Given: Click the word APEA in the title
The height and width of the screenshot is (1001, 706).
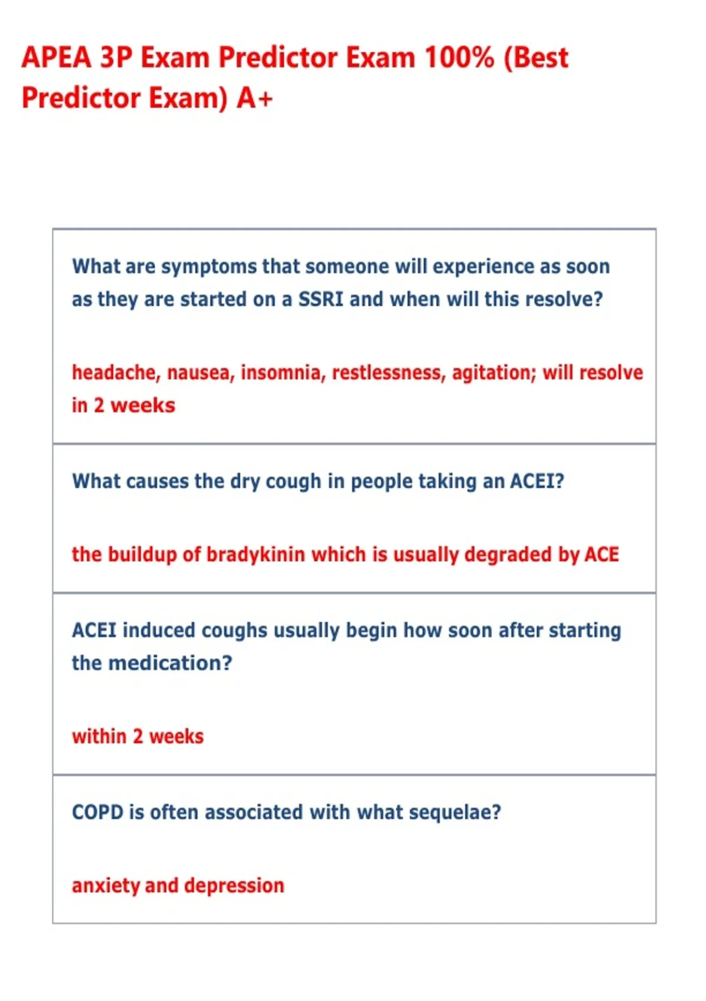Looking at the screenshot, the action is [56, 58].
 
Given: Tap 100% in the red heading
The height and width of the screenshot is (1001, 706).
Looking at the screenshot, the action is [459, 58].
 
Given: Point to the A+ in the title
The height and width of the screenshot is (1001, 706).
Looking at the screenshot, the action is [255, 98].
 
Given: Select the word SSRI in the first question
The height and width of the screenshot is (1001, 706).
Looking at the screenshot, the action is [321, 299].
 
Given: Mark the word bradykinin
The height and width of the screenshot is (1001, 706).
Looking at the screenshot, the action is [255, 555].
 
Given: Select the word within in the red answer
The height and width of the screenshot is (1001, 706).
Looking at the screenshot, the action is [99, 737].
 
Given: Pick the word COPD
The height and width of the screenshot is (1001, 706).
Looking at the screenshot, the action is [97, 813].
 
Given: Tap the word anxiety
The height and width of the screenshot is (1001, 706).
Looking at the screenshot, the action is [105, 885].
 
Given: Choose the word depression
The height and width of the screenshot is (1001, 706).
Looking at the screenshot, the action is [234, 885].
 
